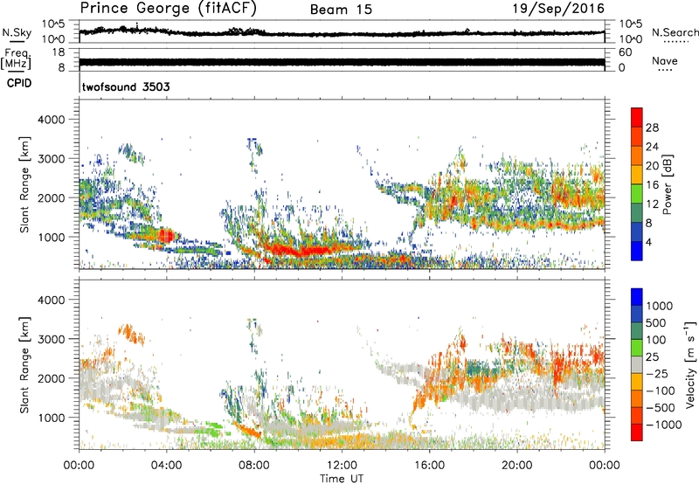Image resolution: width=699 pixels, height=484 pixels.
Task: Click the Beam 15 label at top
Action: pos(342,10)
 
